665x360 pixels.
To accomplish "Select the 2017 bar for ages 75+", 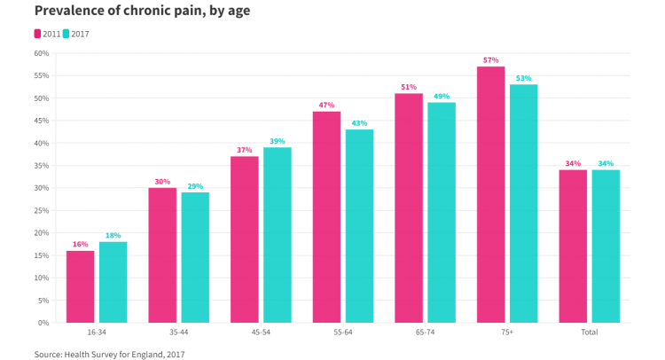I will [523, 203].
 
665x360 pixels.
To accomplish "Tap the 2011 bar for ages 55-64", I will [326, 216].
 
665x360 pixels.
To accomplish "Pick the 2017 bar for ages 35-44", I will [195, 257].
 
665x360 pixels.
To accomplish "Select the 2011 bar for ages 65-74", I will [409, 207].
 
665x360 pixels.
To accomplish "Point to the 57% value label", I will [490, 60].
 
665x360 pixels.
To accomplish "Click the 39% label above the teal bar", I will [278, 141].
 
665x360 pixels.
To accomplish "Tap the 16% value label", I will [80, 244].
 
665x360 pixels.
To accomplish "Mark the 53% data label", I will [523, 78].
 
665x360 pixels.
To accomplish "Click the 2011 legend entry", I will [49, 34].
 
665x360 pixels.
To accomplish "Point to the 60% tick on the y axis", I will [41, 53].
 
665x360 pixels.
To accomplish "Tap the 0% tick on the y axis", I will [43, 323].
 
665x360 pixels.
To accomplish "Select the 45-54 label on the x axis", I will [261, 333].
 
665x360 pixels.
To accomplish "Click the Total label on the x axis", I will [589, 333].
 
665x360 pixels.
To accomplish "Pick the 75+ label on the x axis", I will [506, 333].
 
